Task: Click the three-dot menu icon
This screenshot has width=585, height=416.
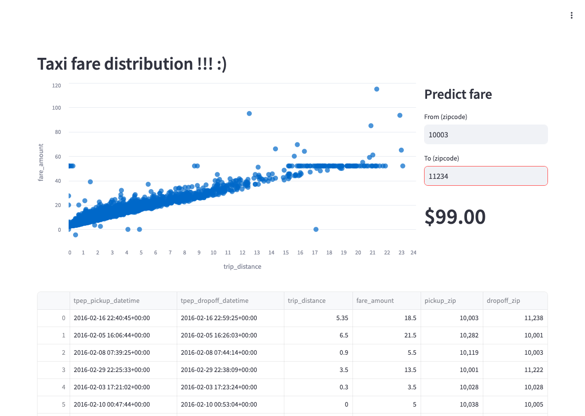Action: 571,15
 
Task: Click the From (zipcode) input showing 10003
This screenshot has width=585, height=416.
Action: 486,134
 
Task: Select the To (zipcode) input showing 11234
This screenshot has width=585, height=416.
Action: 486,176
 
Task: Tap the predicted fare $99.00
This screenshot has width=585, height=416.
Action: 455,217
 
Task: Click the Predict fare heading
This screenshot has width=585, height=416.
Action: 458,94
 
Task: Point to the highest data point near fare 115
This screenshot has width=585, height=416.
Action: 377,89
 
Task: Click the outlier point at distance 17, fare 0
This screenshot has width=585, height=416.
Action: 316,229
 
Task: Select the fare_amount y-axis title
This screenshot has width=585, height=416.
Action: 41,162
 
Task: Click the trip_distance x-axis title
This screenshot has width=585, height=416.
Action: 242,266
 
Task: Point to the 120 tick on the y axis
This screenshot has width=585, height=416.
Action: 56,85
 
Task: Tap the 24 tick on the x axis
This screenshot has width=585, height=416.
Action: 413,252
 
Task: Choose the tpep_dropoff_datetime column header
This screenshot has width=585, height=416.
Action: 214,300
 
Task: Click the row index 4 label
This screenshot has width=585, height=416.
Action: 63,387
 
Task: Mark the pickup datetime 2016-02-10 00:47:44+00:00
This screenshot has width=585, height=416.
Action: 112,404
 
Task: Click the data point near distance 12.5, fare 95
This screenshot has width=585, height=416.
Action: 249,114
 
